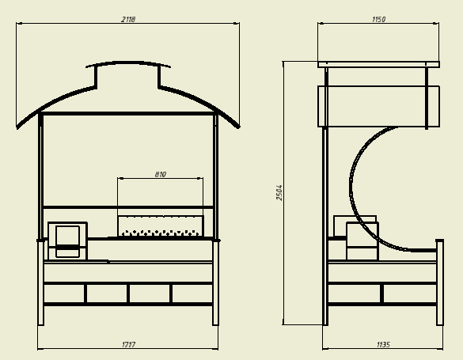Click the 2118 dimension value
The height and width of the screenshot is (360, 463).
(x=128, y=20)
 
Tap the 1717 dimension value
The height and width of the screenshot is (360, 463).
(x=128, y=344)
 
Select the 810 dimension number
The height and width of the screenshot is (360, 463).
(x=161, y=174)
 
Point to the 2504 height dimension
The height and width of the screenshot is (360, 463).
(x=279, y=193)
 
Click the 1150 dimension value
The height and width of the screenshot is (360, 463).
(x=378, y=20)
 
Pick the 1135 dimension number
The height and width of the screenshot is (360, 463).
(x=383, y=344)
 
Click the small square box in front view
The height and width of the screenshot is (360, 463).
(x=67, y=241)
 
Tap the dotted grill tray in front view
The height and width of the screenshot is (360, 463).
(x=161, y=225)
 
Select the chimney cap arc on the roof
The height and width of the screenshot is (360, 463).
(x=128, y=63)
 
